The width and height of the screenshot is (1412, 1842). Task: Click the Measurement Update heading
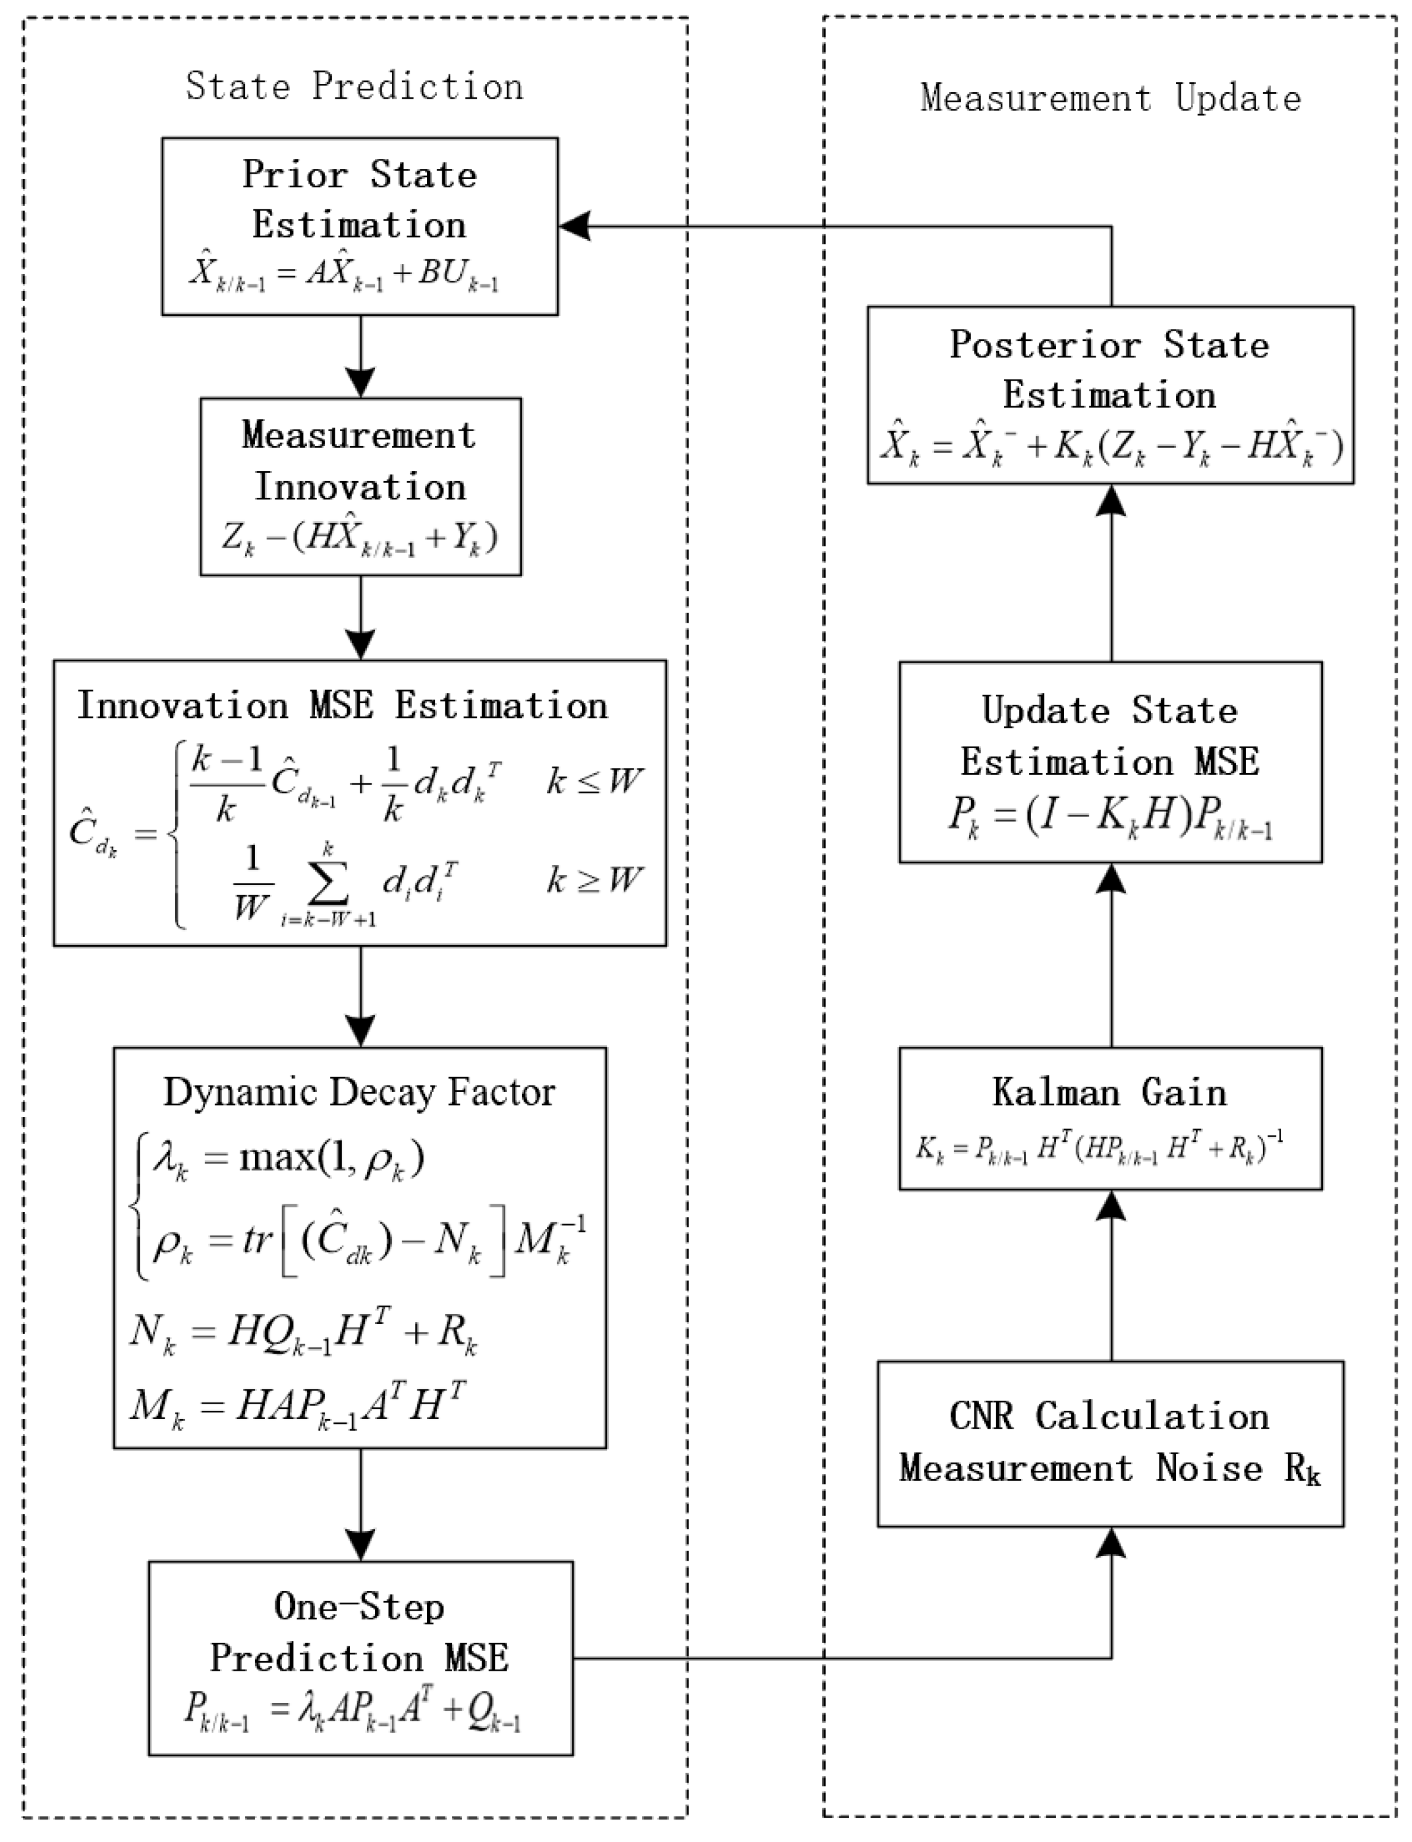[1109, 98]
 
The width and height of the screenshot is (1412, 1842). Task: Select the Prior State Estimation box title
[360, 200]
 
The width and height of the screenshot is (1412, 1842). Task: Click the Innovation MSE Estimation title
[342, 705]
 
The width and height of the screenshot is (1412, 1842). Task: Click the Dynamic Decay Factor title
[359, 1092]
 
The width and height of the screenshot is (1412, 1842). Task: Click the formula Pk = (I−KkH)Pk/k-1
[1109, 815]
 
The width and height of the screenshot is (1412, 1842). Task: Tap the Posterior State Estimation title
[1109, 370]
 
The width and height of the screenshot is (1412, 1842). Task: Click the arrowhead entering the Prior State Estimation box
[574, 226]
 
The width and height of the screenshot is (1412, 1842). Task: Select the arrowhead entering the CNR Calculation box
[1111, 1541]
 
